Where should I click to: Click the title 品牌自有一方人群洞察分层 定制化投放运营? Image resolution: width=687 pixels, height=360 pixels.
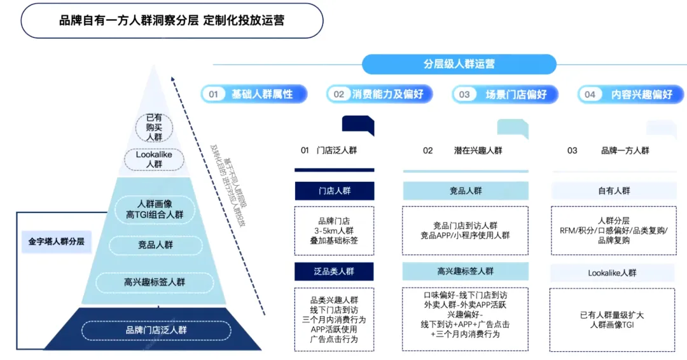pos(172,20)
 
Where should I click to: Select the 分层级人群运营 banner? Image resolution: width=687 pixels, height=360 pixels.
pos(459,64)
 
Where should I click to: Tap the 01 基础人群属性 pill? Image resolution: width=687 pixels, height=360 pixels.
pos(254,94)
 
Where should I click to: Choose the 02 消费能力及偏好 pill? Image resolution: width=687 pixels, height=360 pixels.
pos(380,94)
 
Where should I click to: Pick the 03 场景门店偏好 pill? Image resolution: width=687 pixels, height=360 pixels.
pos(505,94)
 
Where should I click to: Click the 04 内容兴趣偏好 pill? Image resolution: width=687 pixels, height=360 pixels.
pos(631,94)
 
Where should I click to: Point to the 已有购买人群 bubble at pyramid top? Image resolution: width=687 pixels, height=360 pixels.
pos(154,127)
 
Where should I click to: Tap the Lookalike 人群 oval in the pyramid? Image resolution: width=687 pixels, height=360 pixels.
pos(154,159)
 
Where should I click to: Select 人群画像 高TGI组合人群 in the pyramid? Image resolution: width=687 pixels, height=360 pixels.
pos(154,209)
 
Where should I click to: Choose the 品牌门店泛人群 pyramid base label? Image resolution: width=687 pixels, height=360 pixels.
pos(156,330)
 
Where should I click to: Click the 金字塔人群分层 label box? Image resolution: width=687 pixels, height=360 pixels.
pos(56,242)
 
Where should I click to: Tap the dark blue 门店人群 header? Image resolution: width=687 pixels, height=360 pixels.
pos(334,191)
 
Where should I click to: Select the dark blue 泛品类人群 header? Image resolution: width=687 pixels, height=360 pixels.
pos(334,271)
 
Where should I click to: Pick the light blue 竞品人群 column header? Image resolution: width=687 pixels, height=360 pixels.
pos(466,191)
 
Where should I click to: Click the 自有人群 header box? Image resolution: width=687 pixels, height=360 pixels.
pos(613,191)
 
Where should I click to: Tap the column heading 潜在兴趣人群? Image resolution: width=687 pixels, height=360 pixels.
pos(478,151)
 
